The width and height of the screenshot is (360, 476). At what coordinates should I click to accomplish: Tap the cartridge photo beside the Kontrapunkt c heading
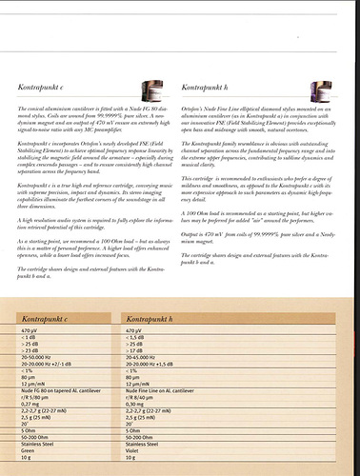[x=150, y=90]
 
